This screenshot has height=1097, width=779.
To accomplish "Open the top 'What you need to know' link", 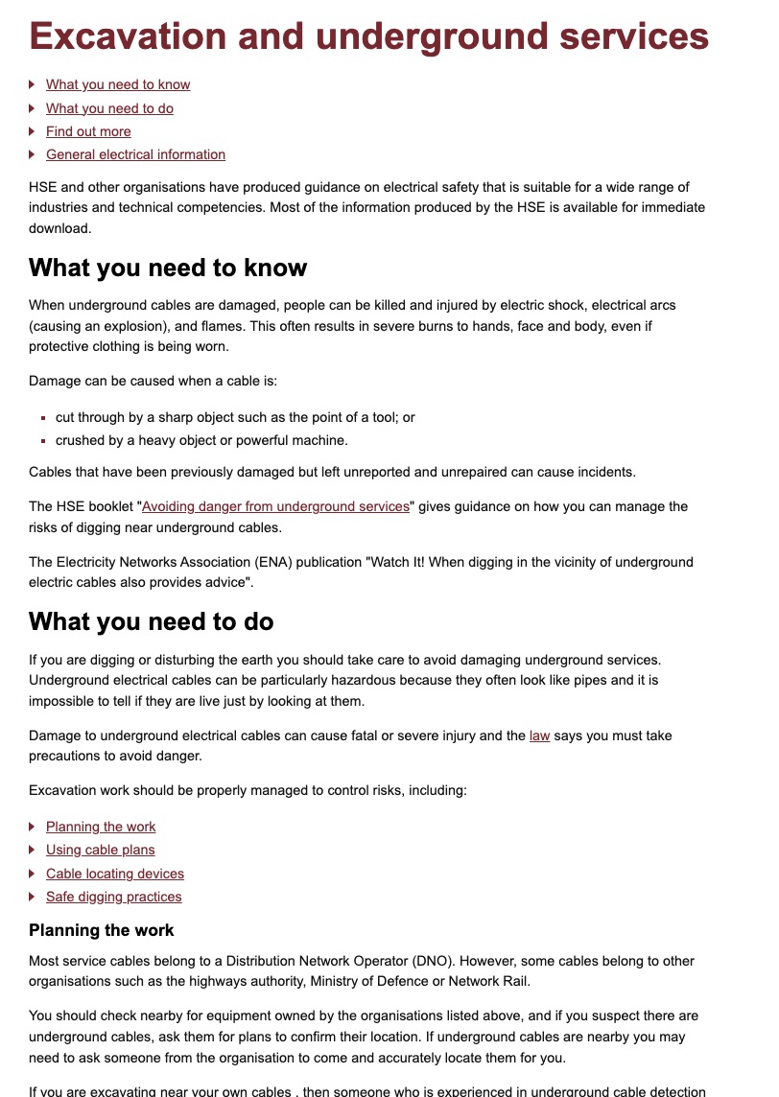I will [118, 85].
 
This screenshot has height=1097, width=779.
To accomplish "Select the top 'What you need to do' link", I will [109, 108].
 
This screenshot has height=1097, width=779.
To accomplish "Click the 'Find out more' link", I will [88, 131].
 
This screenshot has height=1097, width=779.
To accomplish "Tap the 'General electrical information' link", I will [135, 154].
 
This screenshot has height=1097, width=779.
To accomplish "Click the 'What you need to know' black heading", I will [168, 268].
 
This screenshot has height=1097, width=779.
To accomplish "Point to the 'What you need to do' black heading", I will [152, 621].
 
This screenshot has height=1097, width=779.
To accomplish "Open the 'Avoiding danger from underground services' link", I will [275, 506].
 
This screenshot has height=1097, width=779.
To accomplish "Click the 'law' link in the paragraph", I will [539, 735].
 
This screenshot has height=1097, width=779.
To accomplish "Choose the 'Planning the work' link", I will [101, 827].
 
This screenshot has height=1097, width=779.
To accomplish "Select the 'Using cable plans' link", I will [100, 850].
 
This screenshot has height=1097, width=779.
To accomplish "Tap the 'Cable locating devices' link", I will [115, 874].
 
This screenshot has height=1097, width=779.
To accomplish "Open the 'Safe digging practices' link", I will [113, 897].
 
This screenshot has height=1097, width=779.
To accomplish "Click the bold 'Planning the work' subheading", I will [102, 930].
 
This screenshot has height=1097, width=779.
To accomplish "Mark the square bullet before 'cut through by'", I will [44, 418].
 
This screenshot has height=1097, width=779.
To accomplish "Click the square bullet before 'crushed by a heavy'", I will [44, 441].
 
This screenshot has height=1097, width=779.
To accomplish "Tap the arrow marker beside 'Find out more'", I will [33, 131].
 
